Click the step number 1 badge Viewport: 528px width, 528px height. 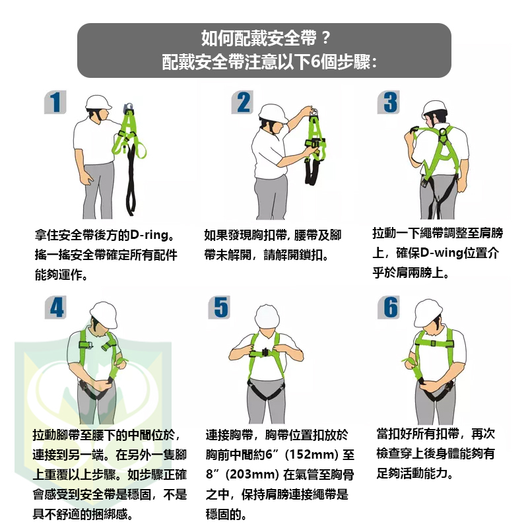click(x=55, y=102)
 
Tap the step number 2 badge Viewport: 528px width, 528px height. click(x=242, y=102)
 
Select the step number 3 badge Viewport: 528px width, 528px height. click(x=389, y=102)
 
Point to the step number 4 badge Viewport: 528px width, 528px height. click(x=55, y=307)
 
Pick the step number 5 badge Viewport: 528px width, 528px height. click(x=219, y=307)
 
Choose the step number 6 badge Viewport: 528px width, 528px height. click(x=389, y=307)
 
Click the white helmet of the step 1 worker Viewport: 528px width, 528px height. click(x=98, y=102)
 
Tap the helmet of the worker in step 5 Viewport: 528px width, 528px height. click(x=267, y=317)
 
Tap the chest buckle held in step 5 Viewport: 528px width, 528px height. click(x=265, y=352)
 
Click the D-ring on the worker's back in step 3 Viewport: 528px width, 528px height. click(x=443, y=132)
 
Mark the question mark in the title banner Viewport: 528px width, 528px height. click(x=325, y=38)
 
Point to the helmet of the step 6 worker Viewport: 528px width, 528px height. click(x=428, y=312)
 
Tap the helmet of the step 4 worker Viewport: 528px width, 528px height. click(x=104, y=315)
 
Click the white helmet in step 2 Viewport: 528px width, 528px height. click(x=273, y=113)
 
